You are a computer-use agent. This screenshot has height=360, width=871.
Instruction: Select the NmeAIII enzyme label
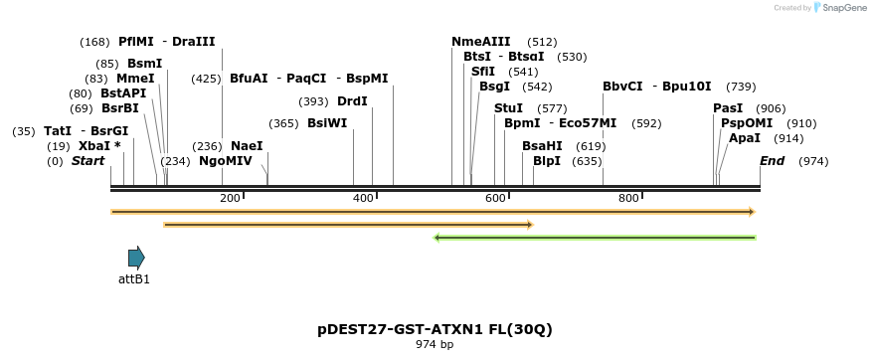coord(481,42)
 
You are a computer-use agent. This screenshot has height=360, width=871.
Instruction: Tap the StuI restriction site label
coord(508,108)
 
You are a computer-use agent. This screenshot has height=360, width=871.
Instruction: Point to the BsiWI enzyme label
coord(327,123)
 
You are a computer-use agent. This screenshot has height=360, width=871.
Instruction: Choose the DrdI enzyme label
coord(352,101)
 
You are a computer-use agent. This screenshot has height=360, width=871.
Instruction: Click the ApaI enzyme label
coord(745,138)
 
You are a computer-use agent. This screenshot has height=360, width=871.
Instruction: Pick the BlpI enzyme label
coord(547,161)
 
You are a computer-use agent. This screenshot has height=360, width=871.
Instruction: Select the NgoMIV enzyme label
coord(226,161)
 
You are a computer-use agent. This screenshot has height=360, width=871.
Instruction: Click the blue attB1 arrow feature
coord(136,258)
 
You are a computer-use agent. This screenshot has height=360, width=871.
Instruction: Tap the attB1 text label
coord(134,279)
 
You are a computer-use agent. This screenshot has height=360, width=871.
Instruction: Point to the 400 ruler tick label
coord(363,198)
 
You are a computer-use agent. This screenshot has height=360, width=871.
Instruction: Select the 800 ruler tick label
coord(628,198)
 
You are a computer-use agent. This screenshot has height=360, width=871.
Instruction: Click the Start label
coord(87,161)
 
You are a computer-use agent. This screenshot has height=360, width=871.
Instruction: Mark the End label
coord(773,161)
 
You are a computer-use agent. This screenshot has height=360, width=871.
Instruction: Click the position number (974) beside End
coord(813,161)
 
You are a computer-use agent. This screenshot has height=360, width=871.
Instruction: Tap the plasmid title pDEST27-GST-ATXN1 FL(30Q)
coord(435,328)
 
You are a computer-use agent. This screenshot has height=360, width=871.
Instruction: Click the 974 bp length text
coord(435,345)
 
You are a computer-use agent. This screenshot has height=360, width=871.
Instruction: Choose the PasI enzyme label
coord(728,108)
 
